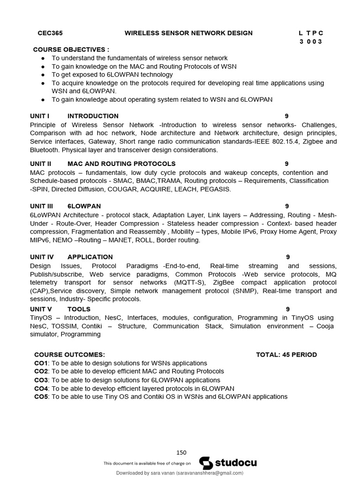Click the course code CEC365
point(50,33)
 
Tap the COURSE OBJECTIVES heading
point(71,50)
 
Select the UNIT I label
point(40,116)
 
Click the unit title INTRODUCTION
point(93,116)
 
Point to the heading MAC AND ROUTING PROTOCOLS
point(121,164)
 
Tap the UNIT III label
point(42,206)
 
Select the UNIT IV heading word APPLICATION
point(90,257)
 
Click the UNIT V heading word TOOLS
point(79,309)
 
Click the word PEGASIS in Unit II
point(217,189)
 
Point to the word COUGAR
point(123,189)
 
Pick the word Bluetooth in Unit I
point(45,150)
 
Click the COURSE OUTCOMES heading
point(70,355)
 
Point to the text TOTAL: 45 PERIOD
point(286,355)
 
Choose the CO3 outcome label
point(41,380)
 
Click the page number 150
point(181,453)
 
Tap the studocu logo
point(228,463)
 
